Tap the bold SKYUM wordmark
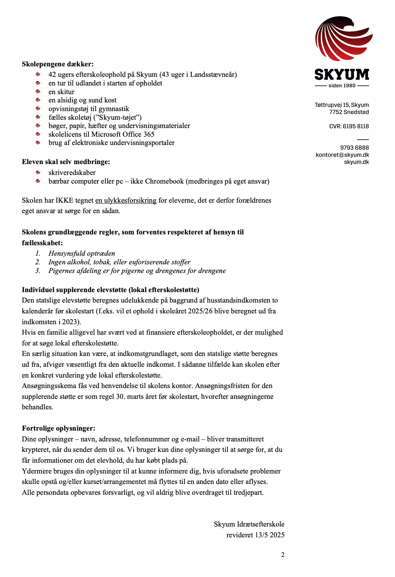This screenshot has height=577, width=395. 342,75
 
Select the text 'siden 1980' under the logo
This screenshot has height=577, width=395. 342,86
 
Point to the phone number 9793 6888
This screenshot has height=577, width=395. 354,147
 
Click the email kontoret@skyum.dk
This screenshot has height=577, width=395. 342,155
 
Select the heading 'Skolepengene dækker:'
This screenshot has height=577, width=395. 58,64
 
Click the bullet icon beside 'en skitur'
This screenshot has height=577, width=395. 38,92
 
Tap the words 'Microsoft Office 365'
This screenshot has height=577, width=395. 123,135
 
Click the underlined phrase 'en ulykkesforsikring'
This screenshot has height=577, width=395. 126,201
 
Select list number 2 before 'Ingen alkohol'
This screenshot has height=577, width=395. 38,262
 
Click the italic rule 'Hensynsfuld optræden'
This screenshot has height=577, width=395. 82,254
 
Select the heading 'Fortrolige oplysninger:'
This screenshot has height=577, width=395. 58,428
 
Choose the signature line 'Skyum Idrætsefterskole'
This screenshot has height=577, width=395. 249,524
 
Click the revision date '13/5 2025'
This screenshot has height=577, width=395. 270,535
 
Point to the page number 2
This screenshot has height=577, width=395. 283,555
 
